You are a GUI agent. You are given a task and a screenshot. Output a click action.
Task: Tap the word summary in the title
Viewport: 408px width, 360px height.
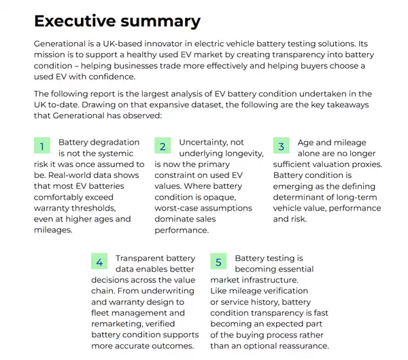163,21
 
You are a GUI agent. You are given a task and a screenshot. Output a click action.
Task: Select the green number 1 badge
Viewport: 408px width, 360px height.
42,146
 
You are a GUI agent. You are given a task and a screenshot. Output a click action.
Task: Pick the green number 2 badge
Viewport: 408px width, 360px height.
162,146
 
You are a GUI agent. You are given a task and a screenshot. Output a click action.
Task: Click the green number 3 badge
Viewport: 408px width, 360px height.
282,146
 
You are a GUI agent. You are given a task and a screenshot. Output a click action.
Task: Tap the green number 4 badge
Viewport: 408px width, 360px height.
99,262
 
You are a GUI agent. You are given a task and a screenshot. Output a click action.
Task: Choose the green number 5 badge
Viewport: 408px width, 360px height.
218,262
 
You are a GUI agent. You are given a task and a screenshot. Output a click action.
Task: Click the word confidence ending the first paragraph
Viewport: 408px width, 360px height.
97,76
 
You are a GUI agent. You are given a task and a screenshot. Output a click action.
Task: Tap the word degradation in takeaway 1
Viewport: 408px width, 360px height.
114,143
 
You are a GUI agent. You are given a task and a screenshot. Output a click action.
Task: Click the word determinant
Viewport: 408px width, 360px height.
301,197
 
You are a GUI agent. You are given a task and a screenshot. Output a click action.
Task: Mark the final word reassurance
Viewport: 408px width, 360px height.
300,346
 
